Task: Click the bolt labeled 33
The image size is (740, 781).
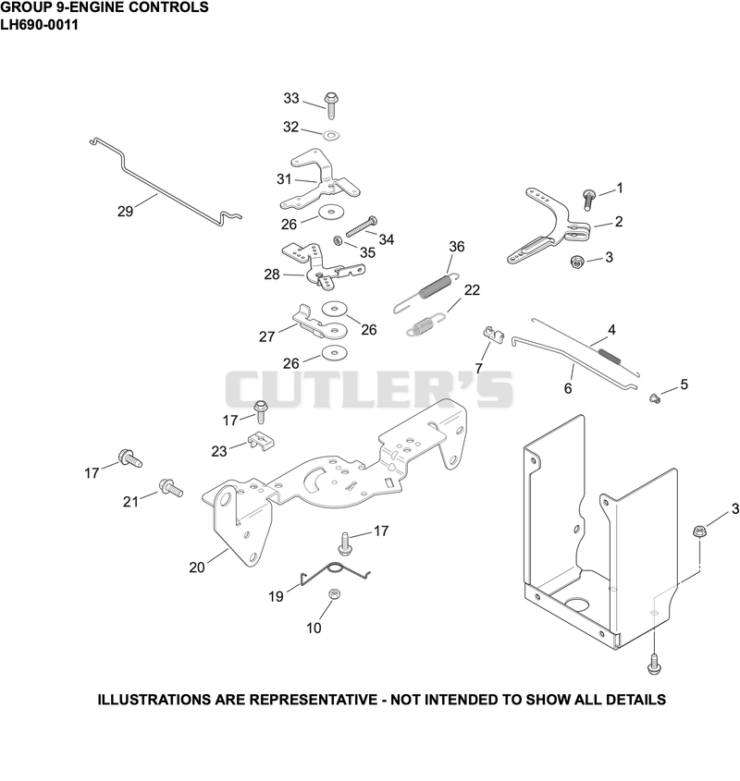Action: (x=330, y=105)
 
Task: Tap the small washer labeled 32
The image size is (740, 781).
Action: (x=330, y=135)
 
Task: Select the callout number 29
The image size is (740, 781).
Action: (x=125, y=211)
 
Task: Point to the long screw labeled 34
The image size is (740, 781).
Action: (x=361, y=226)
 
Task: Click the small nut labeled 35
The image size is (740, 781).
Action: (x=338, y=240)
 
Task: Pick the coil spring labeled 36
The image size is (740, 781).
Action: (x=426, y=292)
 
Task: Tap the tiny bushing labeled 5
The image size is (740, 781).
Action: (x=655, y=397)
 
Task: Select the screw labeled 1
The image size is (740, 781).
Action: (x=589, y=200)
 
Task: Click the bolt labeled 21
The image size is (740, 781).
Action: (x=171, y=488)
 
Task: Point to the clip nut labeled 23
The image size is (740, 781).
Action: (x=261, y=441)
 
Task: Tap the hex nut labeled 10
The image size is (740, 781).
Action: (x=335, y=593)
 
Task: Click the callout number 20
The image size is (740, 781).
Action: (x=197, y=567)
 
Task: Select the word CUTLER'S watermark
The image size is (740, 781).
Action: (x=369, y=389)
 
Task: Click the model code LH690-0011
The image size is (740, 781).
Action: (x=40, y=25)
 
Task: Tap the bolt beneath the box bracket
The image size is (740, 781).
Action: (x=654, y=664)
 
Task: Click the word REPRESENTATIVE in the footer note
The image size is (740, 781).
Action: (x=314, y=700)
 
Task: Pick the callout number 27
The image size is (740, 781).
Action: (x=266, y=336)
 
